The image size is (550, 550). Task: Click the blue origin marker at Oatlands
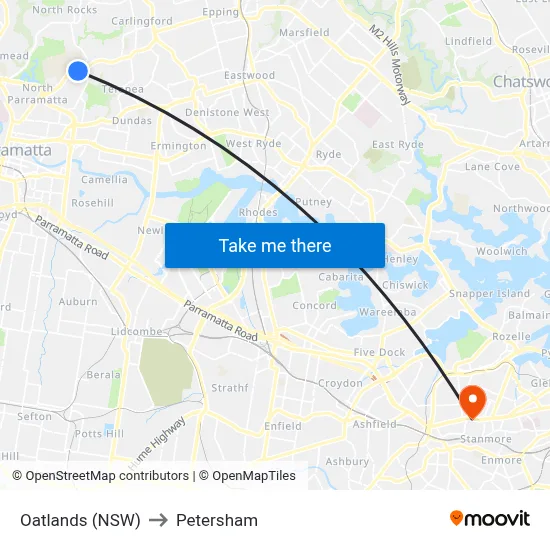click(78, 70)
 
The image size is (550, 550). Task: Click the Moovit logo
click(490, 519)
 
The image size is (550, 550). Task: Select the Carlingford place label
click(142, 21)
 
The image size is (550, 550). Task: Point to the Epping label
click(221, 13)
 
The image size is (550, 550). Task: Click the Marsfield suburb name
click(304, 33)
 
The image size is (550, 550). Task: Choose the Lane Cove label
click(492, 167)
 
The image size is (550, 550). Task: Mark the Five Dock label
click(379, 353)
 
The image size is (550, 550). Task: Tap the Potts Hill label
click(100, 434)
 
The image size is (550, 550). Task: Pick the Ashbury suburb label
click(347, 462)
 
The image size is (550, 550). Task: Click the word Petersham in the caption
click(217, 520)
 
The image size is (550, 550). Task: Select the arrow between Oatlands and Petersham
click(158, 520)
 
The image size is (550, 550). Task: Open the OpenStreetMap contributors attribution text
click(101, 476)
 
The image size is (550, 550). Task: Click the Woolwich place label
click(503, 251)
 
